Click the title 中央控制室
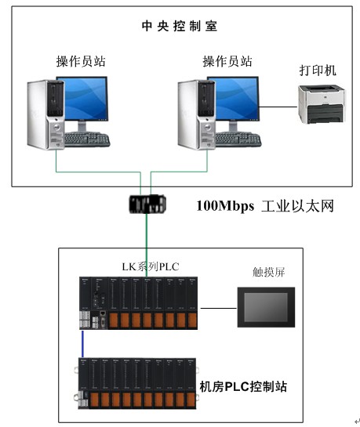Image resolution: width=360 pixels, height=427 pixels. [x=180, y=26]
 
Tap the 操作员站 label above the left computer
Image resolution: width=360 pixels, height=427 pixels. [x=81, y=61]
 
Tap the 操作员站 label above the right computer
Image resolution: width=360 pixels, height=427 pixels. [x=227, y=61]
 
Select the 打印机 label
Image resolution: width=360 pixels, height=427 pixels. [x=318, y=71]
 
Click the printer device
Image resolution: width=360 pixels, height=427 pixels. [x=322, y=104]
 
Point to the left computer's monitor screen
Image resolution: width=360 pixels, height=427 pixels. [x=83, y=99]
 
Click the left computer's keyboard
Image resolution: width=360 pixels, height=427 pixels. [x=87, y=139]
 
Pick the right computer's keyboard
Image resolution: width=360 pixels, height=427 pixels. [x=238, y=139]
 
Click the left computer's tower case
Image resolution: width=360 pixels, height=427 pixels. [x=45, y=114]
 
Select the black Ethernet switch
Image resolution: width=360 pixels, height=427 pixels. [x=147, y=204]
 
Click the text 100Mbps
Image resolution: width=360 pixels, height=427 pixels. [x=225, y=206]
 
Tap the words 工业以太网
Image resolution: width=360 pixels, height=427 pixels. [x=297, y=206]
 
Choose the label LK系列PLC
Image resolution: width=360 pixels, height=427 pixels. [x=151, y=266]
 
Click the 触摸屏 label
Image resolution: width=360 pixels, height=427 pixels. [x=269, y=272]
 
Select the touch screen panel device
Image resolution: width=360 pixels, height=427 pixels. [x=266, y=307]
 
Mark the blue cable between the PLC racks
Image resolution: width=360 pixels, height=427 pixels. [x=83, y=344]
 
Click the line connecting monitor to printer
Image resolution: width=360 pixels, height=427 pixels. [x=278, y=107]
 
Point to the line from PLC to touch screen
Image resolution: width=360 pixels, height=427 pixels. [x=219, y=308]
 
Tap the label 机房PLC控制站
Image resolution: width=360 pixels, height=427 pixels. [x=243, y=386]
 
